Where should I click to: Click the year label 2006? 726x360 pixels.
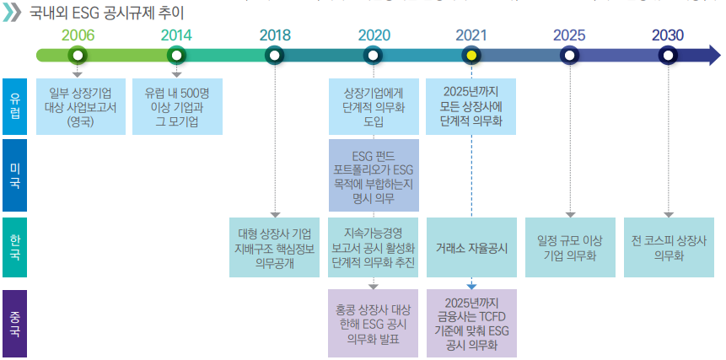click(x=78, y=35)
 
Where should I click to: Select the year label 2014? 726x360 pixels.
click(x=176, y=35)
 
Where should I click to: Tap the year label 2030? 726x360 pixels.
click(x=668, y=35)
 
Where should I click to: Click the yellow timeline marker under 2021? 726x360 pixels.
click(x=472, y=56)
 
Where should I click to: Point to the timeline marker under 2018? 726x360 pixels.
click(x=274, y=56)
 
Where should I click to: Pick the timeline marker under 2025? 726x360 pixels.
click(x=570, y=56)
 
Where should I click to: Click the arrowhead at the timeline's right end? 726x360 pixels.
click(x=713, y=56)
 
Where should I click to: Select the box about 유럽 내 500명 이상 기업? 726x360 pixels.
click(x=177, y=106)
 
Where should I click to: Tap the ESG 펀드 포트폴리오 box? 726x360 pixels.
click(x=374, y=176)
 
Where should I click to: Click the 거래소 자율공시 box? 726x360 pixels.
click(x=471, y=248)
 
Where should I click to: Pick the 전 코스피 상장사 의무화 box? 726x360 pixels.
click(x=668, y=248)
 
